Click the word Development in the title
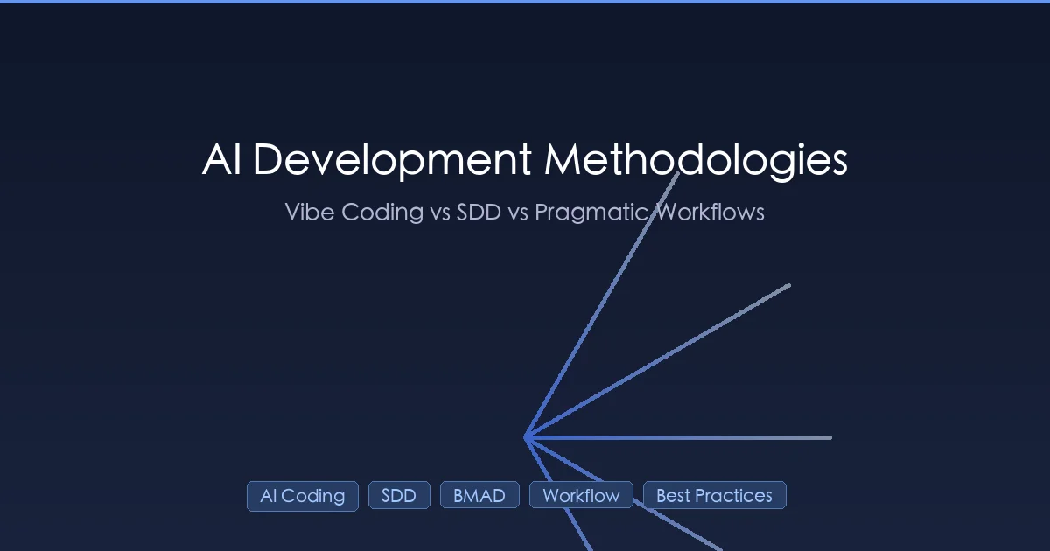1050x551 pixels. [393, 161]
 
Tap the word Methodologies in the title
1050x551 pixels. [696, 161]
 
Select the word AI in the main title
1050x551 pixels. [221, 161]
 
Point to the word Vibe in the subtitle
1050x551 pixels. [309, 212]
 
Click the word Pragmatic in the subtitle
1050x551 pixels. [593, 212]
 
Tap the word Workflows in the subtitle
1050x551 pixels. [710, 212]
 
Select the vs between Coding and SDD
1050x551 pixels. [440, 212]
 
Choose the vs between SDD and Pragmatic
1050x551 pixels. [518, 212]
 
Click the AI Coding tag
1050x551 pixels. [303, 496]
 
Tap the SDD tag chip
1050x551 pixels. [399, 495]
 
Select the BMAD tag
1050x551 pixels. [479, 495]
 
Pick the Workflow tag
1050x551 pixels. [581, 495]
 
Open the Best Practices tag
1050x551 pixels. [715, 495]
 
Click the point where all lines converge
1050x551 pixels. [525, 437]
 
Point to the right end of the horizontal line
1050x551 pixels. [829, 437]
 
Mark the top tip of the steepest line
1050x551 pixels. [678, 174]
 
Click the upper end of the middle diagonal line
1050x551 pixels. [788, 285]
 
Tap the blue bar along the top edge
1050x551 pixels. [525, 2]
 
